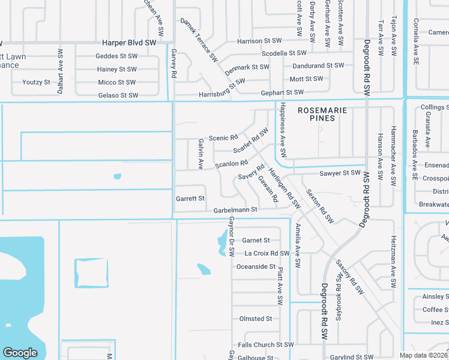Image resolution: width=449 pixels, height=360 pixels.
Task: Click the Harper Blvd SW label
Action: click(x=129, y=43)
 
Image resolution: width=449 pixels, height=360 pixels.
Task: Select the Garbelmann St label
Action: click(x=235, y=209)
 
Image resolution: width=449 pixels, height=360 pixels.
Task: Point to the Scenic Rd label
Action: click(x=223, y=137)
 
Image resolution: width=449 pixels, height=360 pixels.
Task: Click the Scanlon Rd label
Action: click(x=231, y=163)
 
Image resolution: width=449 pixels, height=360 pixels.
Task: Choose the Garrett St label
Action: click(x=190, y=198)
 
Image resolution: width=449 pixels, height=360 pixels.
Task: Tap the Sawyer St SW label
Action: click(x=340, y=173)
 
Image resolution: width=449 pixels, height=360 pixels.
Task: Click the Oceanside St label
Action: click(x=256, y=266)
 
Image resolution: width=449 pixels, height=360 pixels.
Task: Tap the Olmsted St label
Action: click(x=256, y=319)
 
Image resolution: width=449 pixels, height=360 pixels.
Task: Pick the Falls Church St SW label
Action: click(x=266, y=345)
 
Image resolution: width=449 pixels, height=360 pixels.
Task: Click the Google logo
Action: click(x=20, y=353)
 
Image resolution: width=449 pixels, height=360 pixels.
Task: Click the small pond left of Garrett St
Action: click(x=116, y=176)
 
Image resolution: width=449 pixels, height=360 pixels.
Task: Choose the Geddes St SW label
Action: click(x=116, y=56)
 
